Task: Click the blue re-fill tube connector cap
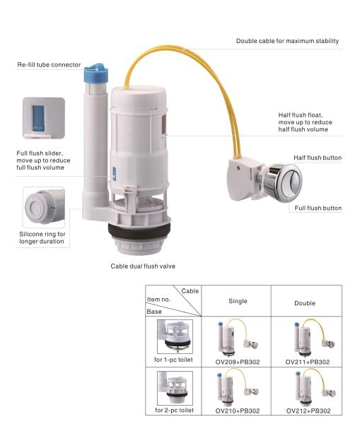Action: (96, 73)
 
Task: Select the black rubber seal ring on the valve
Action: (139, 230)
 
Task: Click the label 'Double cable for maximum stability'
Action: (287, 41)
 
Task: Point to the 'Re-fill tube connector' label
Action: (49, 65)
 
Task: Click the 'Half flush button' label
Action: (318, 158)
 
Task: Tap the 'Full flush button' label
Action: (318, 208)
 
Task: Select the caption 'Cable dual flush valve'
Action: (143, 266)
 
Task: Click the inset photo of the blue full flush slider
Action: (44, 118)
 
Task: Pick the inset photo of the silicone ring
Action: (44, 207)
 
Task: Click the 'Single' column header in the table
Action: (238, 301)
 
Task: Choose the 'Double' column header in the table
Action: (305, 303)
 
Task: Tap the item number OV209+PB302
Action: (238, 362)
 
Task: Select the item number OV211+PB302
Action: (308, 362)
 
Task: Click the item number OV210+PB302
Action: (238, 411)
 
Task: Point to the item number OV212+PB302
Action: (308, 411)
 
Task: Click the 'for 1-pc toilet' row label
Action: (173, 360)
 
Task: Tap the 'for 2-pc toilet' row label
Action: (174, 411)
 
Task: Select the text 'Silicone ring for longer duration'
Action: (42, 237)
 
